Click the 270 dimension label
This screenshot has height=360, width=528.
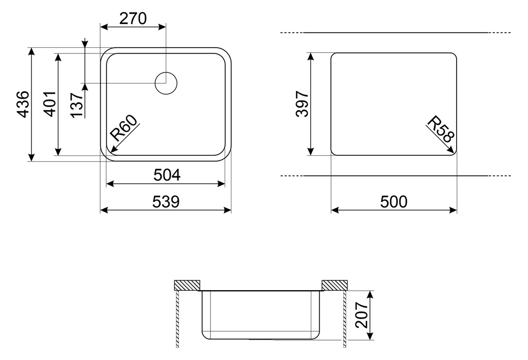coord(133,18)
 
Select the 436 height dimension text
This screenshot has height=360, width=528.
coord(23,104)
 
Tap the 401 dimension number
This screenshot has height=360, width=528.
coord(50,104)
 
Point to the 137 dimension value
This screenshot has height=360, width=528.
coord(77,105)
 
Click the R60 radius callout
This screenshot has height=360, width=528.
coord(124,128)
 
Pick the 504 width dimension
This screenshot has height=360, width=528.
coord(167,175)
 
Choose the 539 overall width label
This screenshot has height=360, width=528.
coord(166,202)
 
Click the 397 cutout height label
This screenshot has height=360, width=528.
coord(302,104)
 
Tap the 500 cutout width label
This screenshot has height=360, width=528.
coord(394,202)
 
